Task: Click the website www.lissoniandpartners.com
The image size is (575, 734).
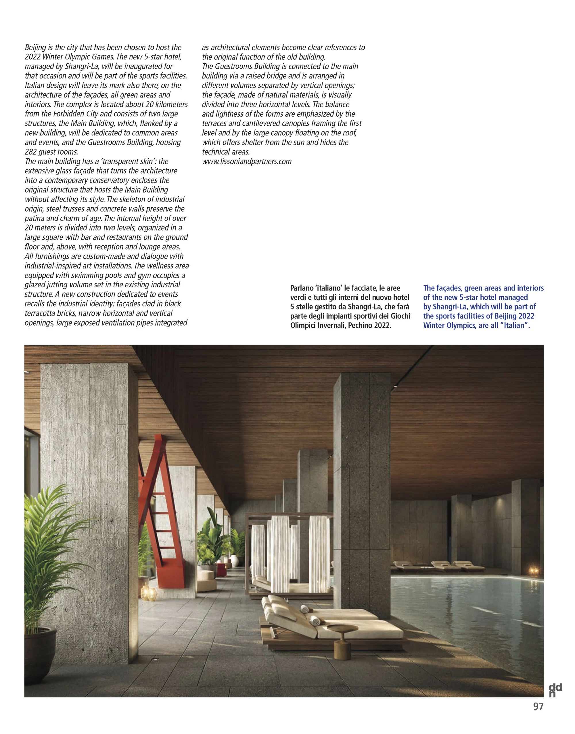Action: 246,162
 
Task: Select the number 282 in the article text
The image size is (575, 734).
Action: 32,152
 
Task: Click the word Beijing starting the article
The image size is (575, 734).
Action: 35,47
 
